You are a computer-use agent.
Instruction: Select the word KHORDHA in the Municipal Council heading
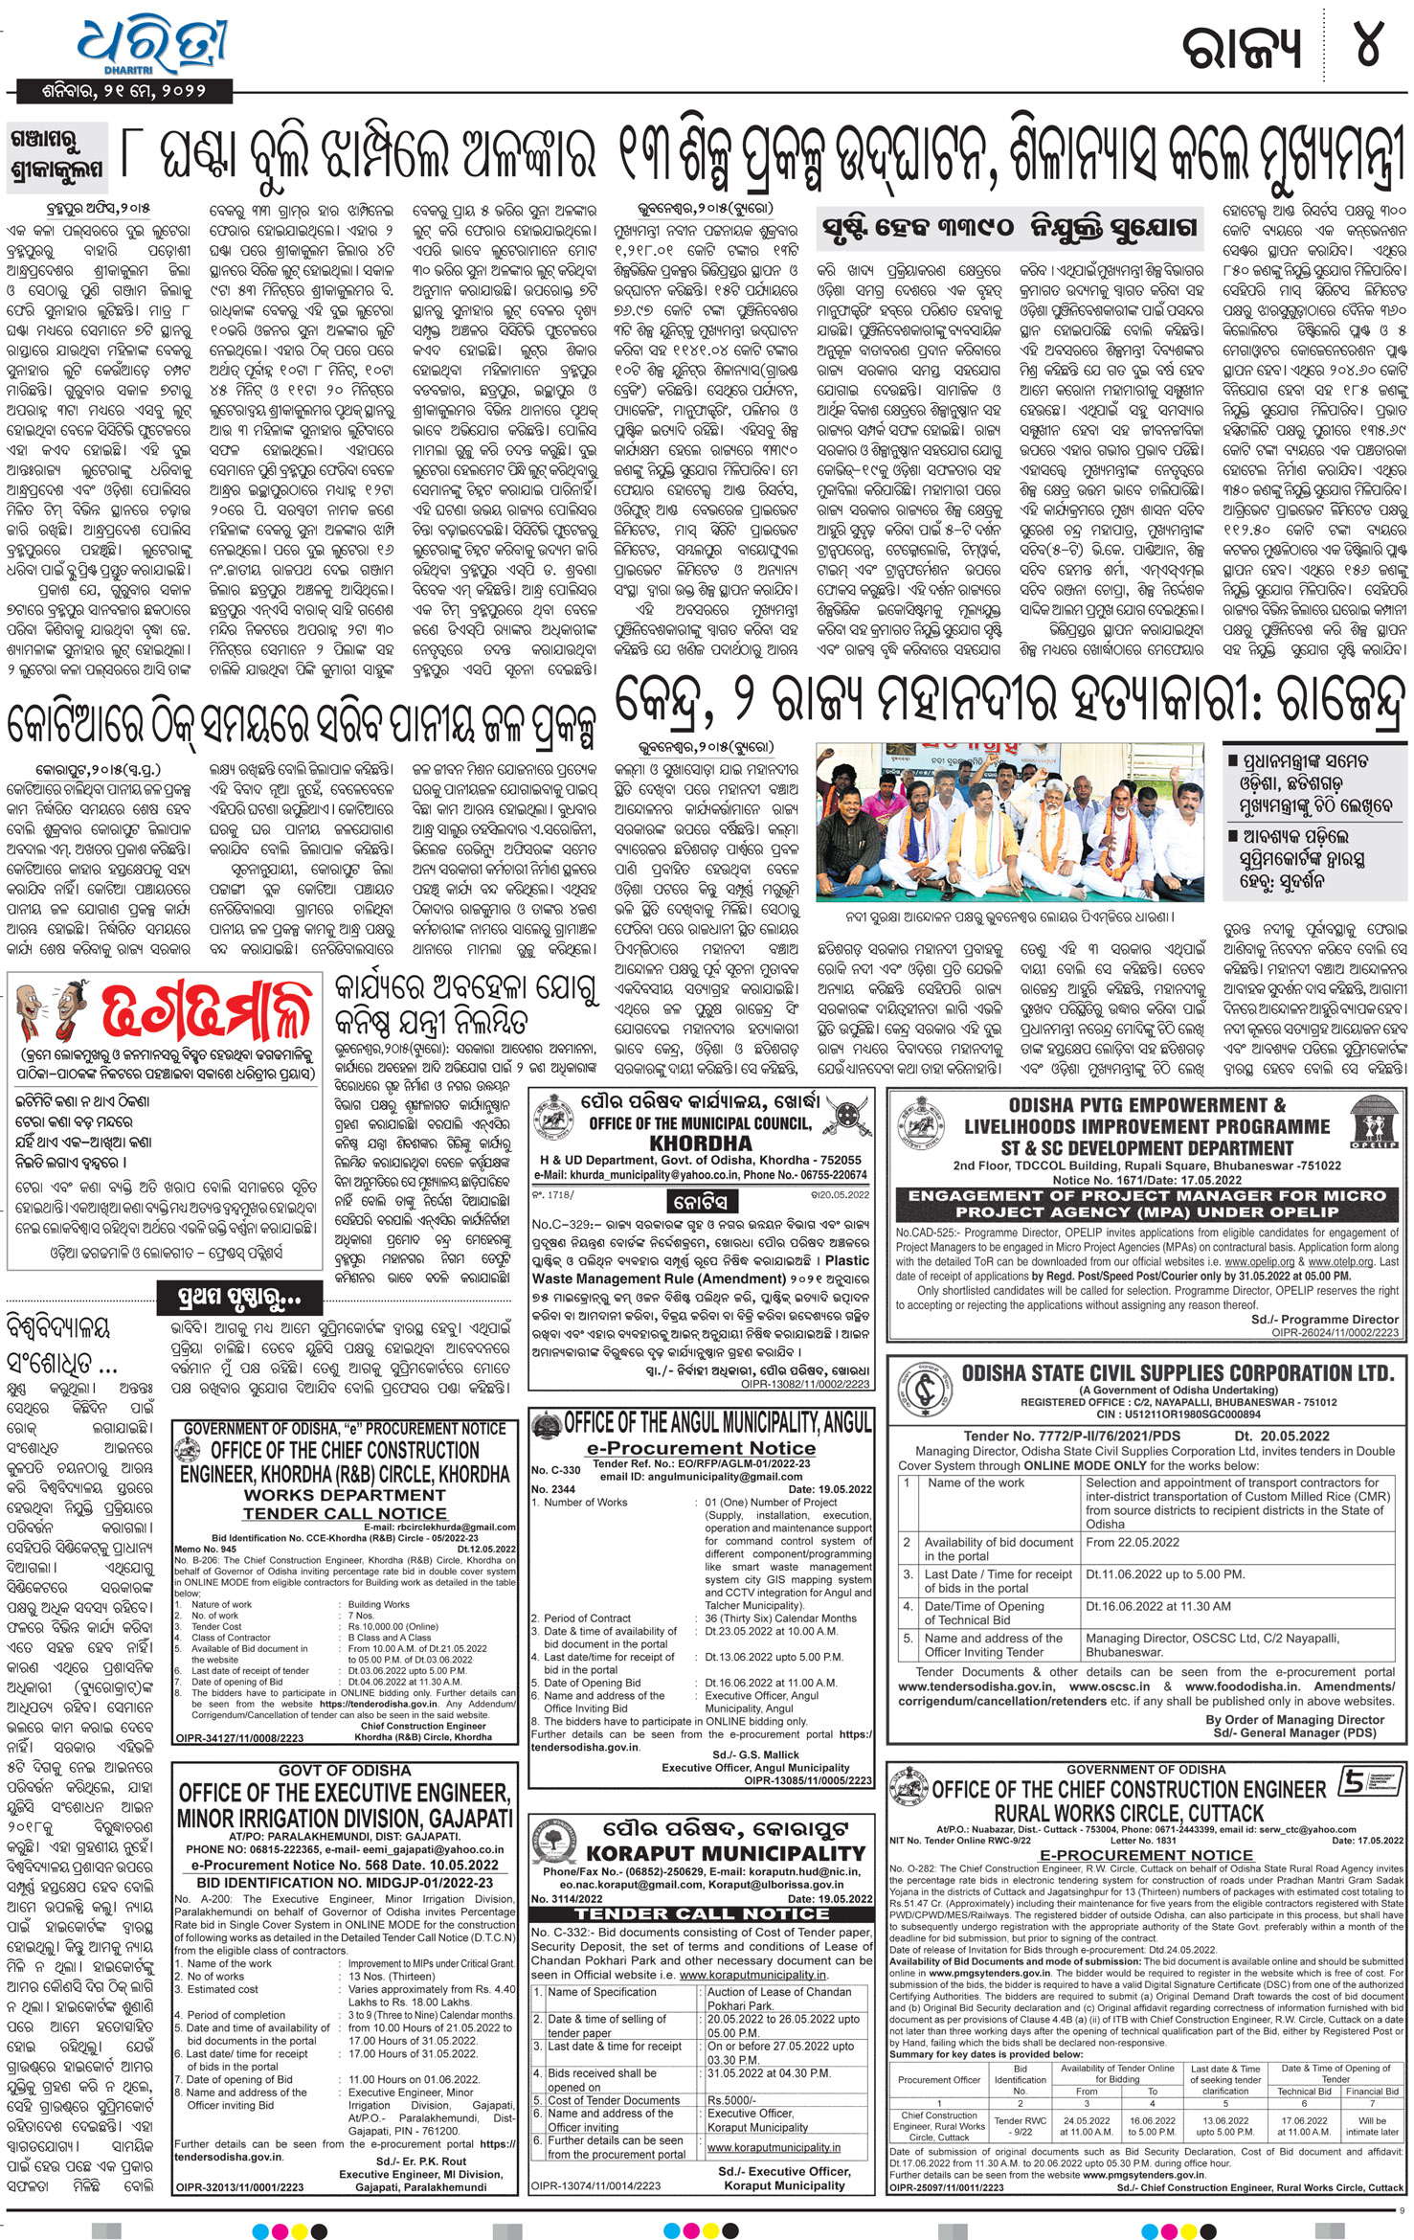[700, 1143]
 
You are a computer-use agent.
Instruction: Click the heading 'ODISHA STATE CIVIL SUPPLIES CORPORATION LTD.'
[1177, 1373]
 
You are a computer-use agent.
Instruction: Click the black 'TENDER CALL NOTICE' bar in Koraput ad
[701, 1912]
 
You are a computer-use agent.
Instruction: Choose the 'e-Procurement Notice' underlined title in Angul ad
[701, 1448]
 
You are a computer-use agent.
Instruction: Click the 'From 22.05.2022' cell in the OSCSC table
[1132, 1542]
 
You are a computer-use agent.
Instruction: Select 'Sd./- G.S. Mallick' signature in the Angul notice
[755, 1754]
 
